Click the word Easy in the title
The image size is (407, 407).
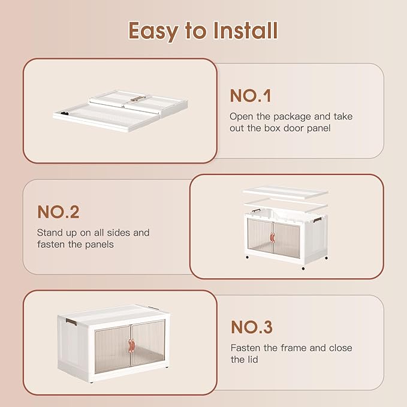[x=153, y=31]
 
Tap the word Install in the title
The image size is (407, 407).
[x=245, y=31]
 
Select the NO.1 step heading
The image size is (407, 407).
[x=251, y=96]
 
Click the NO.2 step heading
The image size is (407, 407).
[x=58, y=212]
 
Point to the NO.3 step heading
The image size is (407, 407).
[x=252, y=327]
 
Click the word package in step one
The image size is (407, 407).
[x=292, y=117]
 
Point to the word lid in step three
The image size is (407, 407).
[x=251, y=360]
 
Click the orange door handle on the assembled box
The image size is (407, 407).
[x=131, y=345]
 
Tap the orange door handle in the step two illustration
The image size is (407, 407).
[x=272, y=237]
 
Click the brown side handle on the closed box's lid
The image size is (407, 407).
[x=71, y=322]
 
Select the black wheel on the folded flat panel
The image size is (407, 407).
[x=65, y=113]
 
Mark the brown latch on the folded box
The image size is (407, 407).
[x=138, y=99]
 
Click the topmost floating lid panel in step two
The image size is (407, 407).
[x=285, y=192]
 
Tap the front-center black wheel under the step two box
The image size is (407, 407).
[x=303, y=269]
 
